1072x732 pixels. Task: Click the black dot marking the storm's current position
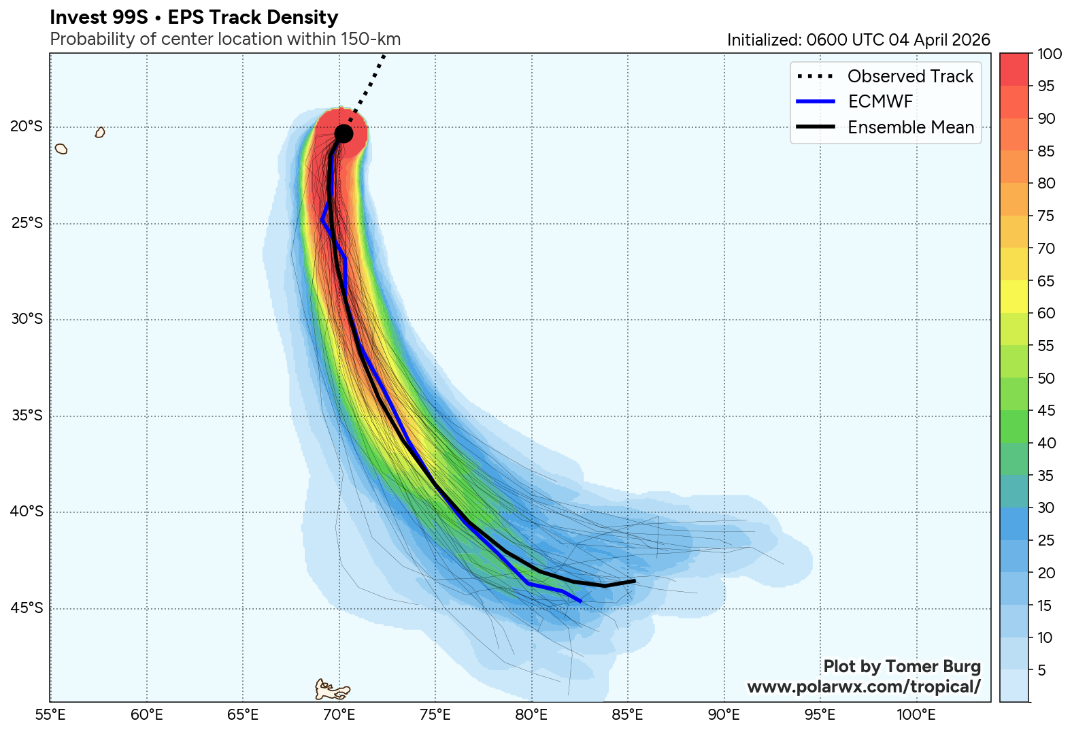tap(344, 133)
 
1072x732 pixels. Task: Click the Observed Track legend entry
tap(910, 76)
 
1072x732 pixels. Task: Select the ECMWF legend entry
tap(880, 102)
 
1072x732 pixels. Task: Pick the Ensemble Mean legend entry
tap(910, 127)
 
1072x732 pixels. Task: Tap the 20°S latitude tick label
tap(27, 127)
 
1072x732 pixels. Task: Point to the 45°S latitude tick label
tap(27, 608)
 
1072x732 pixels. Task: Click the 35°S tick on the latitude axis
tap(27, 416)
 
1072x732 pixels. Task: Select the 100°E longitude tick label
tap(916, 715)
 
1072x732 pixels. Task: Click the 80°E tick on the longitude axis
tap(531, 715)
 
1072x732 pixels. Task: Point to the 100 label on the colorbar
tap(1050, 54)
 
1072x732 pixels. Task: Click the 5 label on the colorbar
tap(1041, 671)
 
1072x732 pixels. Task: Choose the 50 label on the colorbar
tap(1045, 379)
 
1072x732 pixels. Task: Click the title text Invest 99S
tap(99, 18)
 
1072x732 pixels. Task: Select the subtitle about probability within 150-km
tap(225, 39)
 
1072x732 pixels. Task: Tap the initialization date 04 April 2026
tap(939, 40)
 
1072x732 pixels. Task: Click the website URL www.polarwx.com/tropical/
tap(863, 687)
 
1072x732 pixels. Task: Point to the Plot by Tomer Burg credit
tap(902, 667)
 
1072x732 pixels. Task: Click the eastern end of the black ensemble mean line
tap(634, 581)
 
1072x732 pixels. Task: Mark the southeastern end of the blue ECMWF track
tap(580, 601)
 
